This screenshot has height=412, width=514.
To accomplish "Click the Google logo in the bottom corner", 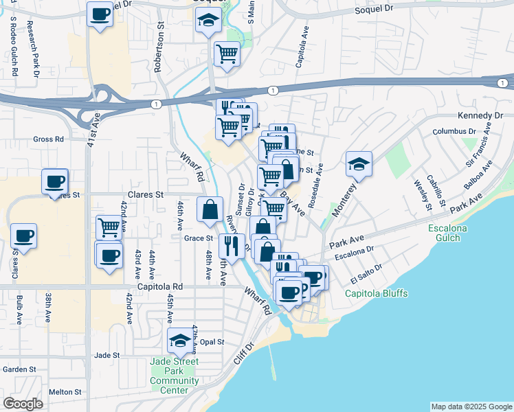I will tap(23, 404).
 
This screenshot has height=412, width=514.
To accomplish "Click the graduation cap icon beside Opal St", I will tap(180, 341).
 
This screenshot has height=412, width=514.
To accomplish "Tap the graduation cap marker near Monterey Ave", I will tap(358, 164).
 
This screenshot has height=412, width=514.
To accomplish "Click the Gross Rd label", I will tap(48, 139).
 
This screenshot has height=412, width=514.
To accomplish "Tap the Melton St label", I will tap(65, 392).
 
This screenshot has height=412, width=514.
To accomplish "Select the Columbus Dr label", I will tap(454, 131).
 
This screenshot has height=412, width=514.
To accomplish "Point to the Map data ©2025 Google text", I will tap(471, 407).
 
